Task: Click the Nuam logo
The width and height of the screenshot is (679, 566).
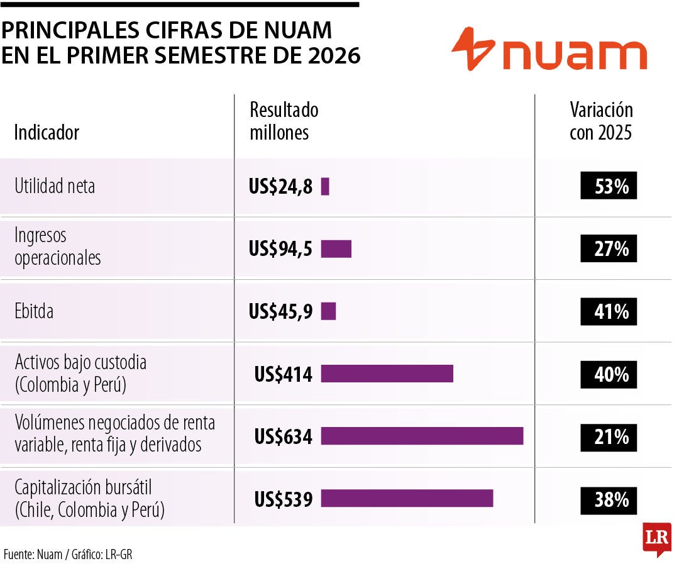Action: pyautogui.click(x=549, y=49)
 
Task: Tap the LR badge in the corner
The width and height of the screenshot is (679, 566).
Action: pyautogui.click(x=657, y=538)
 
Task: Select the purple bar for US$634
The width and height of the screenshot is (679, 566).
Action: pyautogui.click(x=422, y=436)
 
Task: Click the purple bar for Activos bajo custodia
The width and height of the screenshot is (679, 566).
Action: pyautogui.click(x=387, y=374)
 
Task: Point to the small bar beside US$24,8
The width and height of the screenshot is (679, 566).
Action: pyautogui.click(x=325, y=186)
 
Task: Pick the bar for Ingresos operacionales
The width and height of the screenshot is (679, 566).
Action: pyautogui.click(x=336, y=249)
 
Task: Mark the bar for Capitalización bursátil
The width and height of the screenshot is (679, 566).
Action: pyautogui.click(x=407, y=498)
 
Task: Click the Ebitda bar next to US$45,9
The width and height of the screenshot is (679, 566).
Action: pyautogui.click(x=328, y=311)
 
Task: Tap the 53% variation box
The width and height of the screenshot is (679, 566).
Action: pyautogui.click(x=609, y=186)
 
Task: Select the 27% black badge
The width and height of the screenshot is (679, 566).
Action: pyautogui.click(x=609, y=248)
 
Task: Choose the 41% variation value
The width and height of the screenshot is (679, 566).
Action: pyautogui.click(x=609, y=311)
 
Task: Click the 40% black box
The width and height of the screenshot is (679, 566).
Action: pyautogui.click(x=609, y=374)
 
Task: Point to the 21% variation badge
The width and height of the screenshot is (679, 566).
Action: pyautogui.click(x=609, y=437)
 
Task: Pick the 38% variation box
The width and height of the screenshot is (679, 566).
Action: pyautogui.click(x=609, y=500)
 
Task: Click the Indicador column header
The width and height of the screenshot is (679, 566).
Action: pyautogui.click(x=47, y=132)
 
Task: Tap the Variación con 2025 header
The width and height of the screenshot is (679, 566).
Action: pyautogui.click(x=601, y=121)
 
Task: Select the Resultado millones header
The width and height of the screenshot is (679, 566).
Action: pyautogui.click(x=284, y=121)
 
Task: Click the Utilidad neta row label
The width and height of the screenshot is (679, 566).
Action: pyautogui.click(x=55, y=186)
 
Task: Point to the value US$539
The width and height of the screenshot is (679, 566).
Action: pyautogui.click(x=283, y=499)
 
